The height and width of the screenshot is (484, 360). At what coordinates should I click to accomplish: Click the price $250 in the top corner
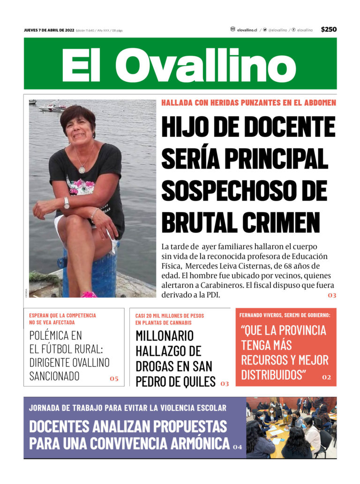pos(329,30)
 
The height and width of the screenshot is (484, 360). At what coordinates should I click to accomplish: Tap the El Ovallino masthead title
pos(180,64)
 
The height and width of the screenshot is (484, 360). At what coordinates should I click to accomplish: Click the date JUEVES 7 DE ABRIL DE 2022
pos(49,30)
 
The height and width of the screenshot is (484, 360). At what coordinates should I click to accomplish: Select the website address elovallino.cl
pos(247,30)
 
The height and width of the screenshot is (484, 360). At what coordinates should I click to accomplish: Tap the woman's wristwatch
pos(67,202)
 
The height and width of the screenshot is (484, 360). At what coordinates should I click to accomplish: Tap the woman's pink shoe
pos(89,295)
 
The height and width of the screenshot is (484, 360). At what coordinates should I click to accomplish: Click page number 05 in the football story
pos(114,379)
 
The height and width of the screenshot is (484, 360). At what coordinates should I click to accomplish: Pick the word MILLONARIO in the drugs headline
pos(165,335)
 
